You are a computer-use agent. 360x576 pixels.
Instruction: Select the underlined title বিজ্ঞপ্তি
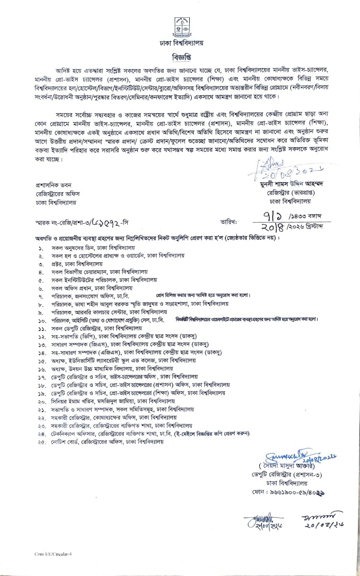click(x=180, y=56)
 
